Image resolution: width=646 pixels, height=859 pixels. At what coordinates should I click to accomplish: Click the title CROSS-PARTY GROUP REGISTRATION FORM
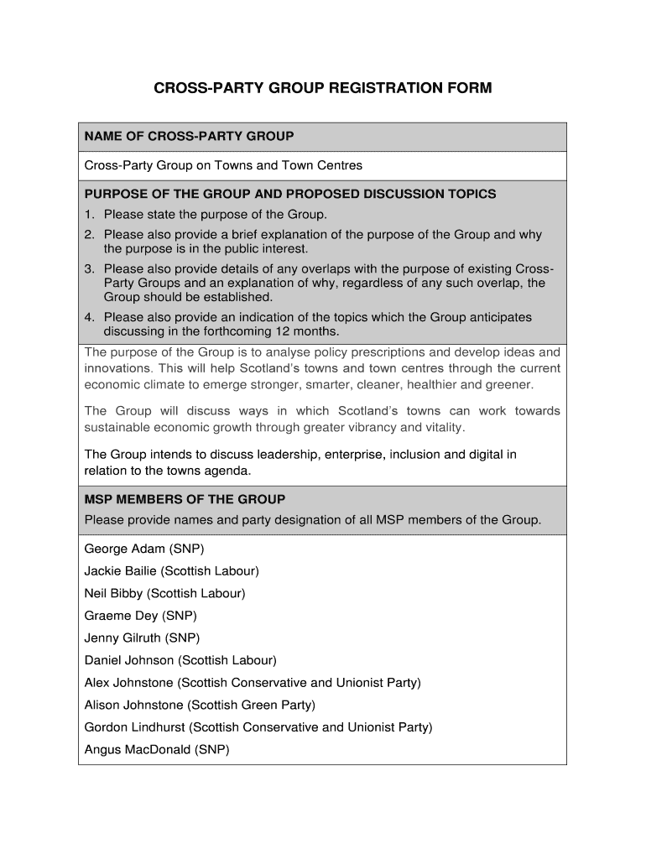pos(323,87)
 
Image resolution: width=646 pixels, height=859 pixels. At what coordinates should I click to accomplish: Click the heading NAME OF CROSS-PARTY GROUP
pos(189,136)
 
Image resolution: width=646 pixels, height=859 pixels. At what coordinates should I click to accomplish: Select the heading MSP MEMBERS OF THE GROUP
pos(185,499)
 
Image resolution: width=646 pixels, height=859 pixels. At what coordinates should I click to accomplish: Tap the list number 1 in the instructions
pos(88,214)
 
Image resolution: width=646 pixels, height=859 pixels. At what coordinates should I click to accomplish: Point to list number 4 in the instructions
pos(88,318)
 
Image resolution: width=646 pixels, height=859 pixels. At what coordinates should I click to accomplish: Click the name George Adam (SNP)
pos(143,549)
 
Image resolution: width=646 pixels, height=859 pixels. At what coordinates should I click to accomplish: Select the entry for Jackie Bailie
pos(171,571)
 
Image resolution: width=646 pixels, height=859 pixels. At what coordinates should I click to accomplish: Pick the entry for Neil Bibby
pos(164,593)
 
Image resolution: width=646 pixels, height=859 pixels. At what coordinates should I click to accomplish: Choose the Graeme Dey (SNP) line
pos(140,616)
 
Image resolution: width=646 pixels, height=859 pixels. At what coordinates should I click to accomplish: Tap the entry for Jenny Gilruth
pos(142,638)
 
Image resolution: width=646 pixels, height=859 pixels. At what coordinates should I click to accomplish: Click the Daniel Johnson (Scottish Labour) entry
pos(180,660)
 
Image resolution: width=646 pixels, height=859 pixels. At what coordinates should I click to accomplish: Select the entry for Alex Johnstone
pos(253,683)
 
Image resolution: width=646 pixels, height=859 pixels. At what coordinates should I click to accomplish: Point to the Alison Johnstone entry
pos(200,705)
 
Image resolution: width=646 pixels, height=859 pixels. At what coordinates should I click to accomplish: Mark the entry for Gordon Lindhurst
pos(258,727)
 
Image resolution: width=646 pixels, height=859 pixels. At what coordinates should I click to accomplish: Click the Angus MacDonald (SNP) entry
pos(156,749)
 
